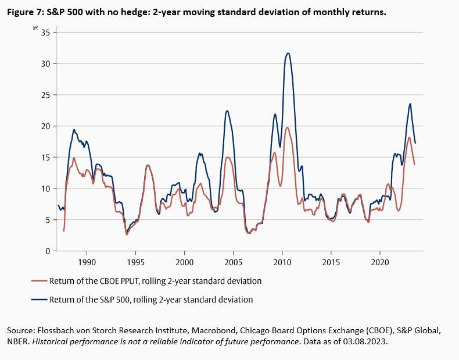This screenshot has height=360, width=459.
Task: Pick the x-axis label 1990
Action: tap(87, 262)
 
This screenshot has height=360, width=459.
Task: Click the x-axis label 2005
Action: tap(233, 262)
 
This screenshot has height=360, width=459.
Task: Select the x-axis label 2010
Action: tap(282, 262)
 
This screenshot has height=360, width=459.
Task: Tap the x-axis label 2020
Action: tap(379, 262)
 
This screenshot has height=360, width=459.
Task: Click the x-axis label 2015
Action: tap(331, 262)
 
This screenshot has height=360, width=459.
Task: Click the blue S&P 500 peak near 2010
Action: tap(288, 53)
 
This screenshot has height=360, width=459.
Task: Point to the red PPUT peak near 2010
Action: tap(287, 127)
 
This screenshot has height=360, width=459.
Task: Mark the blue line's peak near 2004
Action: tap(227, 111)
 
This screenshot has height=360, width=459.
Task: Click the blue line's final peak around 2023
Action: tap(410, 104)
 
